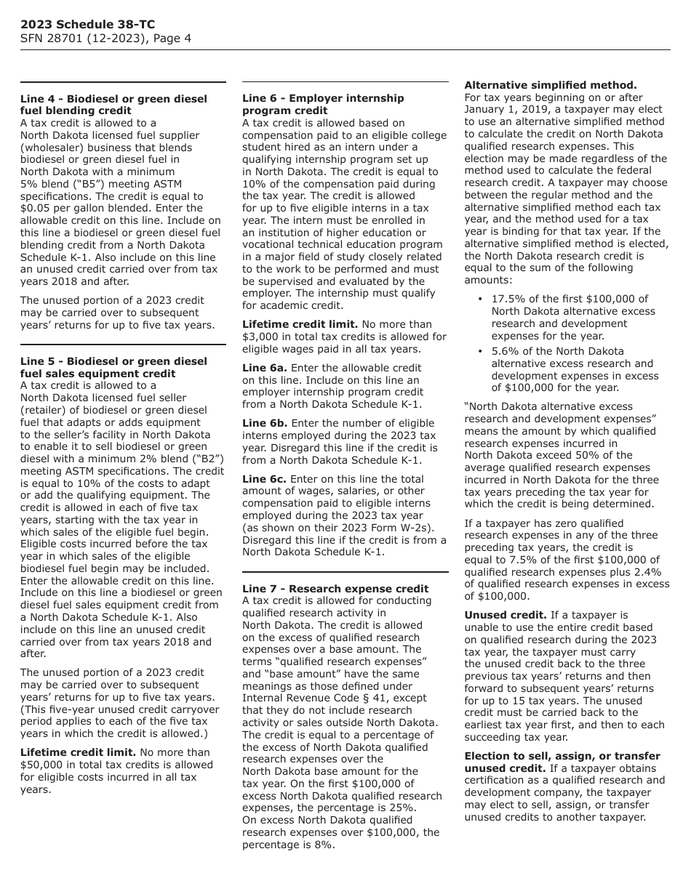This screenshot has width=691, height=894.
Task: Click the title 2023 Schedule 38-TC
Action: click(87, 25)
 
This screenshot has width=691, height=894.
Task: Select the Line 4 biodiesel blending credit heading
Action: click(113, 105)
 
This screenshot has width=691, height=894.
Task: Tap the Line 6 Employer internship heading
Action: click(323, 104)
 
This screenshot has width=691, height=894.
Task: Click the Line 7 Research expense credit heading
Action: click(336, 589)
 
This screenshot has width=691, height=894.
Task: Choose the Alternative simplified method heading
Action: click(550, 85)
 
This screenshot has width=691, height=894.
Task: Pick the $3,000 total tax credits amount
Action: click(260, 337)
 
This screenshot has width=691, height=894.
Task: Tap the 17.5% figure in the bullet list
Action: click(508, 299)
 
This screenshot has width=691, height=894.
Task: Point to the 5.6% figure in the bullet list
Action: click(505, 352)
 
